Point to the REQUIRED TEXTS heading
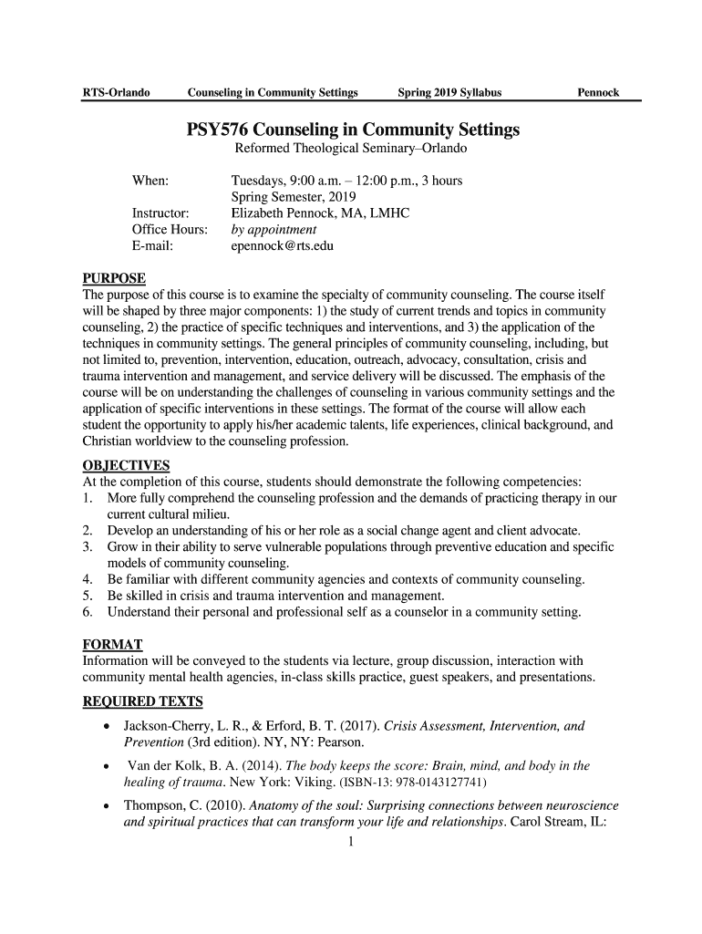(x=143, y=701)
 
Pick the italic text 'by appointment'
(x=274, y=230)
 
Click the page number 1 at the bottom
(x=350, y=842)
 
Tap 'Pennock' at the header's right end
(x=597, y=92)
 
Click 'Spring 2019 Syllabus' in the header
(x=449, y=92)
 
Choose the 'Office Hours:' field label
(x=170, y=230)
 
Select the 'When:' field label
(x=150, y=181)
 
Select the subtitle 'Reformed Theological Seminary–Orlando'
(x=351, y=150)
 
